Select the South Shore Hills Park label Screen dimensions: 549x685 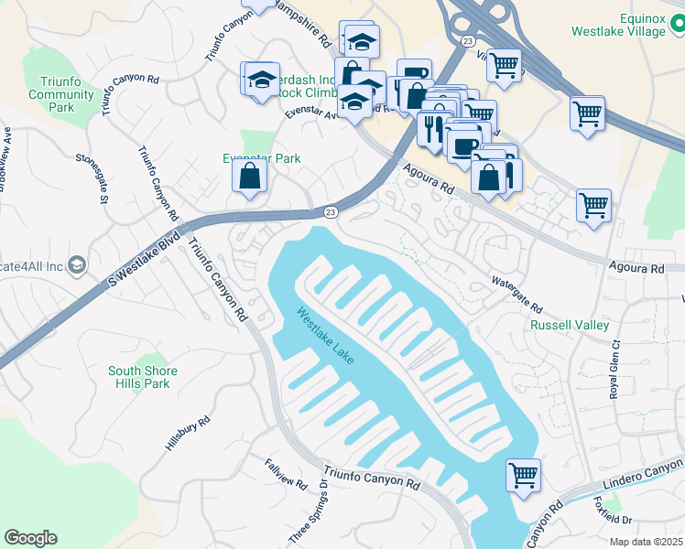[x=143, y=377]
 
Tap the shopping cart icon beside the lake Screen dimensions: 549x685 [x=523, y=475]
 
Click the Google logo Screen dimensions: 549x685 [x=30, y=538]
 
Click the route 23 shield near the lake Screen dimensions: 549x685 [x=330, y=212]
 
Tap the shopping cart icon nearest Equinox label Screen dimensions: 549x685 [x=587, y=115]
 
